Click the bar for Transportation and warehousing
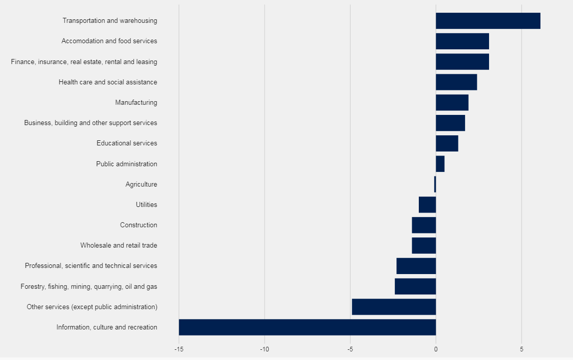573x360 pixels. click(x=488, y=21)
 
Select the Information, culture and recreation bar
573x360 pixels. click(x=307, y=327)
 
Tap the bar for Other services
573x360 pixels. click(x=394, y=307)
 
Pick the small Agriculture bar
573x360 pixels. click(x=435, y=184)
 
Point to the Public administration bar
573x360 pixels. click(x=440, y=164)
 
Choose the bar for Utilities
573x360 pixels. click(x=427, y=204)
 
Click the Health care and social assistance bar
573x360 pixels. click(x=456, y=82)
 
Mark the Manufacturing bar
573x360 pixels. click(x=452, y=102)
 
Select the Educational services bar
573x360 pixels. click(x=447, y=143)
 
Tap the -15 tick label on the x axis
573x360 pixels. click(x=179, y=349)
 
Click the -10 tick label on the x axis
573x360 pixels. click(x=264, y=349)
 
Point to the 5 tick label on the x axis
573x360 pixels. click(x=522, y=349)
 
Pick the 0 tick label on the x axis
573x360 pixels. click(x=436, y=349)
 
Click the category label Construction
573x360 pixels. click(x=138, y=225)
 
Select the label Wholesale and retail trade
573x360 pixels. click(x=119, y=245)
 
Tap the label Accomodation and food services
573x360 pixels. click(x=109, y=41)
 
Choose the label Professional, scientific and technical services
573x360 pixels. click(x=91, y=265)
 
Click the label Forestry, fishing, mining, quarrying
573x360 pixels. click(x=89, y=286)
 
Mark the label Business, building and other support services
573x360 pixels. click(x=91, y=123)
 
